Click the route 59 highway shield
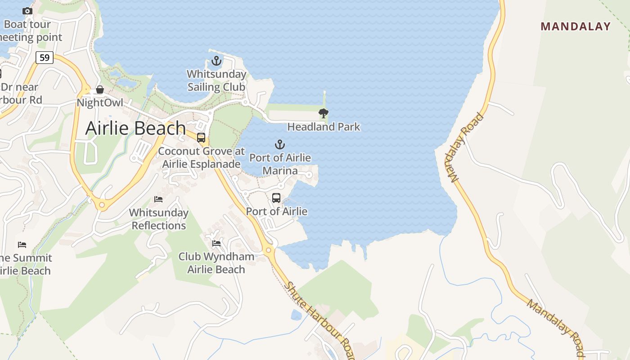[x=45, y=58]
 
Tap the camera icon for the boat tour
[x=27, y=11]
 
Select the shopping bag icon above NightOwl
[x=100, y=90]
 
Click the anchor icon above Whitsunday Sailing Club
[x=217, y=61]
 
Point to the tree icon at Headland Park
[x=323, y=113]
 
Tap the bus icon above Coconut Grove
[x=201, y=138]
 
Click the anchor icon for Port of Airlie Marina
[x=280, y=144]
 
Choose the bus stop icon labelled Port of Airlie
[x=276, y=198]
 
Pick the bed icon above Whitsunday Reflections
[x=158, y=199]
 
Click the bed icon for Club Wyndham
[x=216, y=243]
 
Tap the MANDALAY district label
[x=576, y=27]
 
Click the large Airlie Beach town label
[x=135, y=128]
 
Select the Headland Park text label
[x=324, y=127]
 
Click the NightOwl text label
[x=99, y=103]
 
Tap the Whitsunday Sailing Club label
[x=216, y=81]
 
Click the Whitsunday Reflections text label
[x=159, y=219]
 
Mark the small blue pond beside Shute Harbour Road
[x=296, y=315]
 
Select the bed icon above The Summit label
[x=22, y=245]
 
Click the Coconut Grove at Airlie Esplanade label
[x=201, y=157]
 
